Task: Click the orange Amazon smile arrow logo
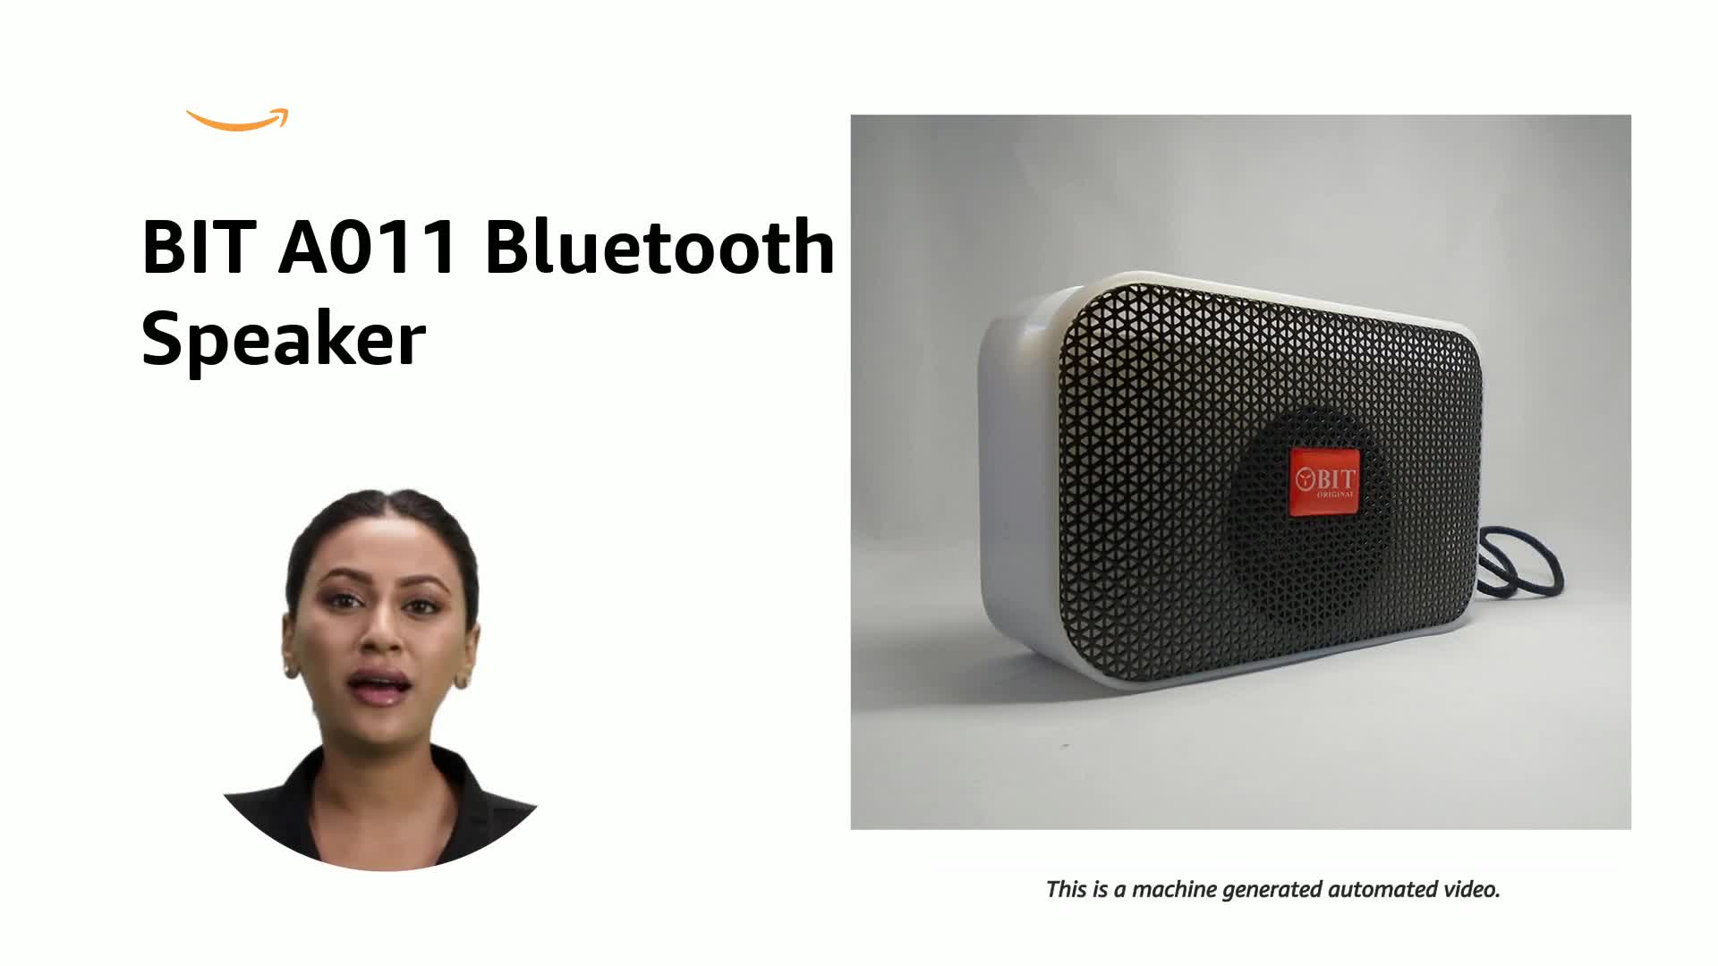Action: point(237,121)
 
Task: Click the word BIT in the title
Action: point(198,246)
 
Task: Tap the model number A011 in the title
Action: point(368,246)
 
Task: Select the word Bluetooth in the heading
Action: point(659,246)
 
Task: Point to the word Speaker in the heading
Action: point(283,340)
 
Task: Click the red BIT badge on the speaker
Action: point(1324,481)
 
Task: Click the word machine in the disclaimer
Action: point(1174,890)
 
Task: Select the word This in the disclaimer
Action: point(1066,890)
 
